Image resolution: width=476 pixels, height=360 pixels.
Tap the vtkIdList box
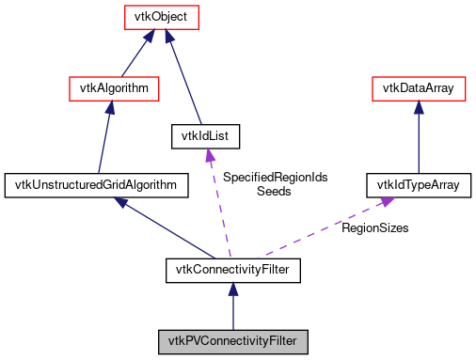coord(205,136)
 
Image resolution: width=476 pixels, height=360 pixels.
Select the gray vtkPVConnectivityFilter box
coord(232,338)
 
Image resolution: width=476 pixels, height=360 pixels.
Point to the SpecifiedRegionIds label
coord(275,177)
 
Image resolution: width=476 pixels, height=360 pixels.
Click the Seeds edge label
coord(274,191)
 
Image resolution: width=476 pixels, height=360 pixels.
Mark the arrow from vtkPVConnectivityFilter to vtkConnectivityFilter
coord(232,305)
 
